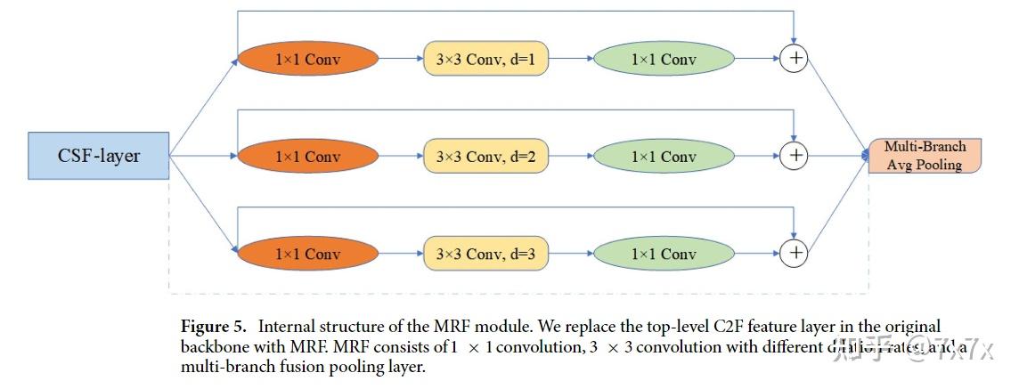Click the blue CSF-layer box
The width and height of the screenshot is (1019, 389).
coord(99,156)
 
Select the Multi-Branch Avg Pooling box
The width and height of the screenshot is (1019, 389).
coord(924,156)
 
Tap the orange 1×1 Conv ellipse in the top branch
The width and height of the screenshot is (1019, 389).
coord(307,60)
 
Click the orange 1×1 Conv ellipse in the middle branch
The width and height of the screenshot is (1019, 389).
coord(307,157)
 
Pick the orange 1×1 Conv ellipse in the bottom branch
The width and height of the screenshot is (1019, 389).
coord(307,254)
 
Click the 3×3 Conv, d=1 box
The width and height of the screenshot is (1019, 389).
coord(485,60)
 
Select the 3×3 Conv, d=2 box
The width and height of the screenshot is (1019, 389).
coord(485,157)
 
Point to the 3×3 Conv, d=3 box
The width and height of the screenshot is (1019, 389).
coord(485,254)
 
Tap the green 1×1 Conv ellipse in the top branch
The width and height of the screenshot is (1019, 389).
coord(664,60)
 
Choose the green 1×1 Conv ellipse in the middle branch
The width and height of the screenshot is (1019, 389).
coord(664,157)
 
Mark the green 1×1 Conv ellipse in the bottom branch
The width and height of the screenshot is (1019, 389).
coord(664,254)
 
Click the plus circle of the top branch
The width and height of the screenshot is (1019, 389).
coord(793,60)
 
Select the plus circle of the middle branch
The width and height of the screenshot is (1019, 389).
coord(793,157)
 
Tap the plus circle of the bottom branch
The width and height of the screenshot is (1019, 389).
coord(793,254)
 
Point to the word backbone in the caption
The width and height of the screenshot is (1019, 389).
coord(210,347)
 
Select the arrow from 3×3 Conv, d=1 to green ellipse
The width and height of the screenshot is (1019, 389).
coord(570,60)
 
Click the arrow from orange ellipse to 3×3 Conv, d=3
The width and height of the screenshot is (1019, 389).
coord(401,254)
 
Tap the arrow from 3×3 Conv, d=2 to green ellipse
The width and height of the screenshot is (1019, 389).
coord(570,157)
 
